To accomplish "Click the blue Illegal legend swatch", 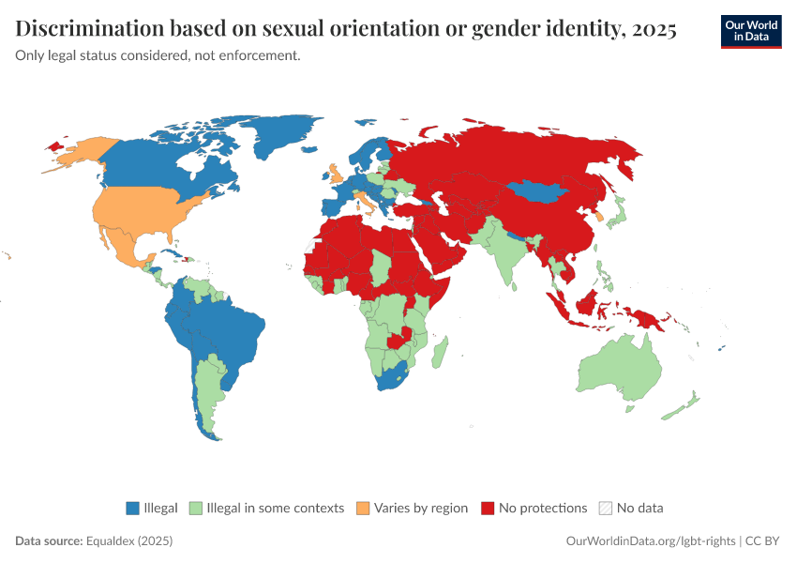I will [x=133, y=509].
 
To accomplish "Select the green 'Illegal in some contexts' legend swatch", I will [x=196, y=509].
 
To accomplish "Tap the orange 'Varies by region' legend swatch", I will [x=363, y=509].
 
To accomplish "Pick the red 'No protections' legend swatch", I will [x=488, y=509].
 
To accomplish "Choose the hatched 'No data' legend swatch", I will [x=606, y=509].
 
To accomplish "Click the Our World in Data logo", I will [x=751, y=31].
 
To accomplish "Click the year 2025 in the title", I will [x=654, y=30].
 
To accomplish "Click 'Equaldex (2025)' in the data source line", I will [x=129, y=541].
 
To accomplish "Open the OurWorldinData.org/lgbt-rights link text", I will [x=651, y=541].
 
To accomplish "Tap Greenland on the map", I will [x=281, y=141].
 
